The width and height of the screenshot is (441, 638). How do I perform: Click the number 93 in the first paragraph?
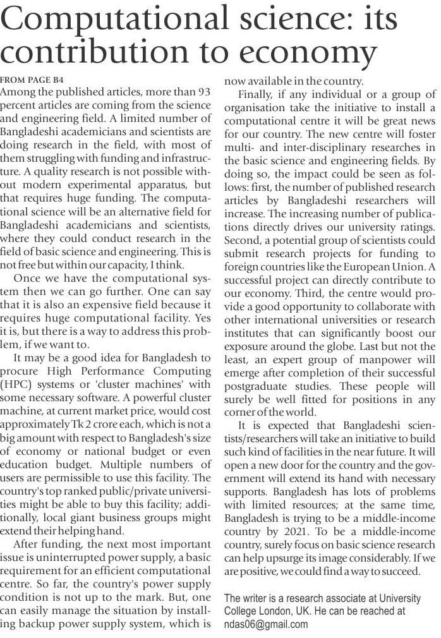coord(203,92)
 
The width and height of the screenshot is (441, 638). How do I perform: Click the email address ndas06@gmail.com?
coord(266,624)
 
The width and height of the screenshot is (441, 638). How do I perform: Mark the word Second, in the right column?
coord(243,240)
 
